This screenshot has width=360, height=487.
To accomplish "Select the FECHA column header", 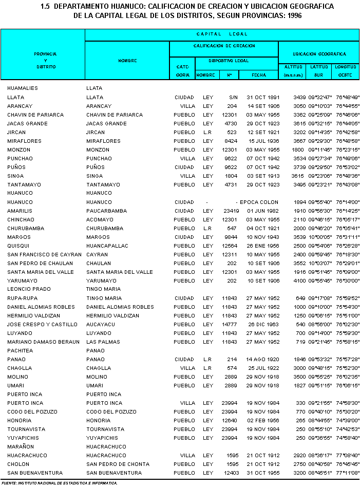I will click(x=259, y=75).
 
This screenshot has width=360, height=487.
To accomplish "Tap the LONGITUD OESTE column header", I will click(x=345, y=71).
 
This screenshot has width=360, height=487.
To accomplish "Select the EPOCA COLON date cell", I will click(x=259, y=202).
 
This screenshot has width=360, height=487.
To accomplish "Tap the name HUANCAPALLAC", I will click(x=107, y=246).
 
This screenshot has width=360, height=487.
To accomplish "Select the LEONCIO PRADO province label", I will click(x=29, y=289).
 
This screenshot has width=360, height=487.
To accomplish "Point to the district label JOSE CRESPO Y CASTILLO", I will click(x=42, y=324).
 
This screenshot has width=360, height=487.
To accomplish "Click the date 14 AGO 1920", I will click(x=262, y=359).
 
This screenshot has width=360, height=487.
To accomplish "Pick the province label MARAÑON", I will click(x=21, y=446).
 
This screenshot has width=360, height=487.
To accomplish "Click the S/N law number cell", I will click(x=234, y=97).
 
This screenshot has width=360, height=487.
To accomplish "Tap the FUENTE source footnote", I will click(x=59, y=483).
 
